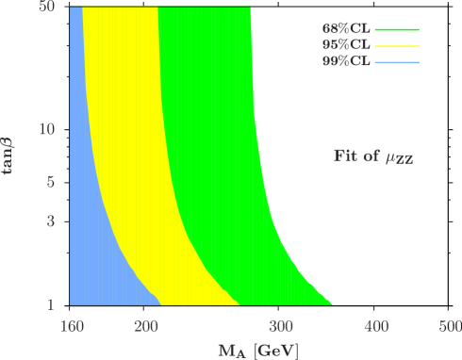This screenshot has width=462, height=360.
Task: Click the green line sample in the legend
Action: point(397,29)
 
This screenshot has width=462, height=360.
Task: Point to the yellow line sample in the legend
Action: point(397,45)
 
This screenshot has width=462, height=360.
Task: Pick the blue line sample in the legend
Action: point(397,62)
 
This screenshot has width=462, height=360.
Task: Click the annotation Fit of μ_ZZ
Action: point(373,157)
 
